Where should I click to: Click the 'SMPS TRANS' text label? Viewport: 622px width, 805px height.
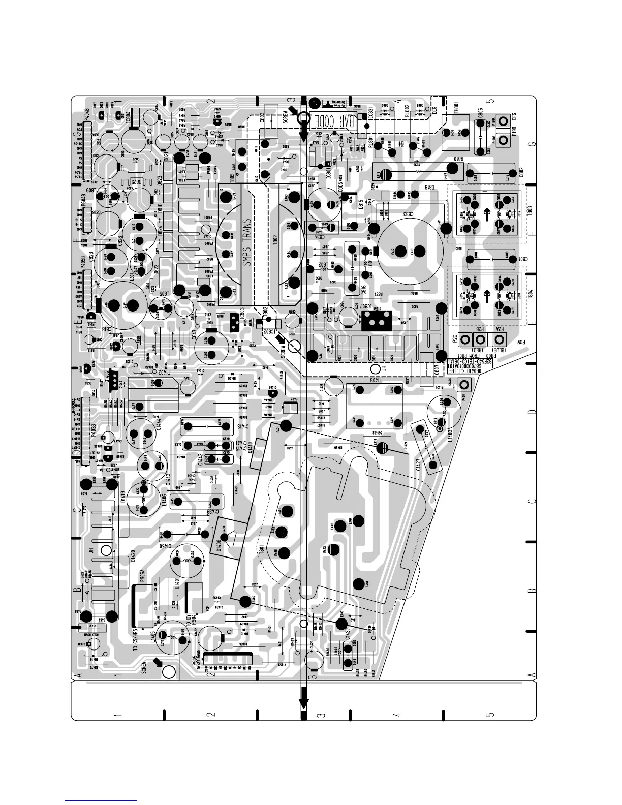[248, 243]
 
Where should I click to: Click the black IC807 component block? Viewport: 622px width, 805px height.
[377, 320]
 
